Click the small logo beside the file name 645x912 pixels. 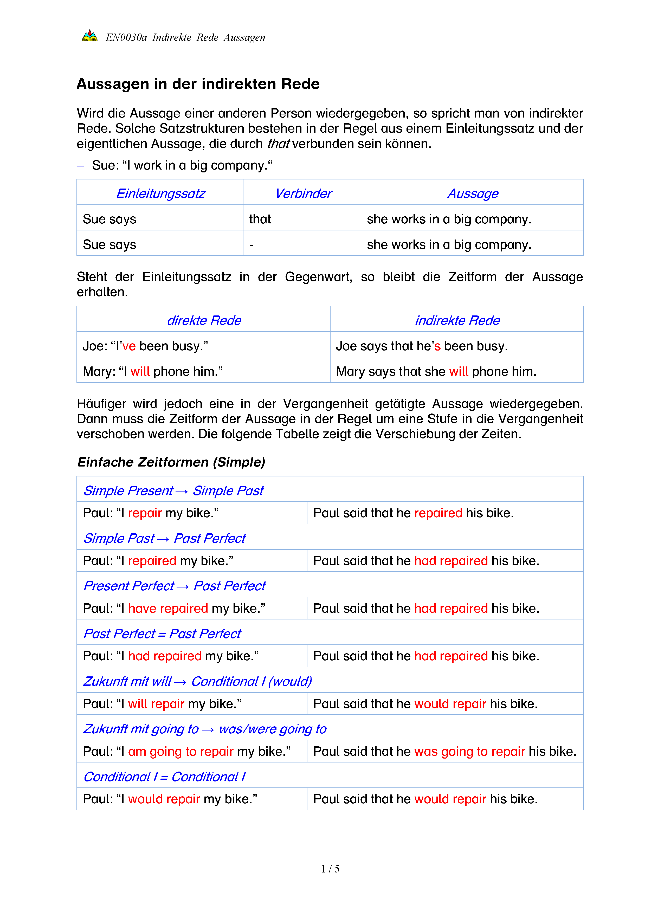coord(90,36)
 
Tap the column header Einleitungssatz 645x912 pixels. coord(160,193)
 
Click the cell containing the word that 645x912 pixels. coord(260,219)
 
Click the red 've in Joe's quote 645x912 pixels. coord(129,346)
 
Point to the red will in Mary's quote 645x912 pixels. coord(140,371)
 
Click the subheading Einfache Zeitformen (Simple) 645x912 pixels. coord(171,462)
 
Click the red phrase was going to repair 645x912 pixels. coord(469,751)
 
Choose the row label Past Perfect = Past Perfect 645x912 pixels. coord(162,633)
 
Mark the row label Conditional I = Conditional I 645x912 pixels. coord(164,777)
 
